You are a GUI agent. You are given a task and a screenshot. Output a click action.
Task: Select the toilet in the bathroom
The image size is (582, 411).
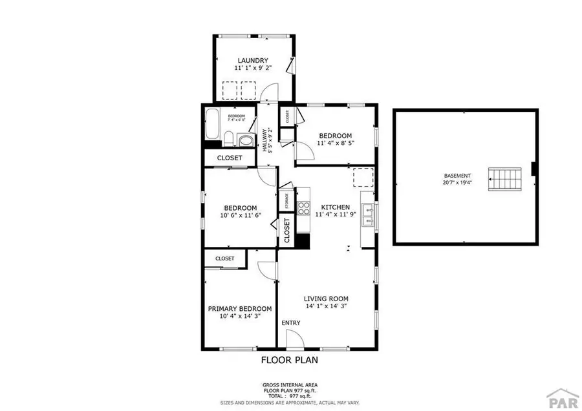tap(230, 137)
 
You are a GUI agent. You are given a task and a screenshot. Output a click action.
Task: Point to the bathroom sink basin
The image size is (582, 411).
tap(245, 140)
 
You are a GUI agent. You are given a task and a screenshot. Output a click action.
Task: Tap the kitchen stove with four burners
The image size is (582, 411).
tap(303, 208)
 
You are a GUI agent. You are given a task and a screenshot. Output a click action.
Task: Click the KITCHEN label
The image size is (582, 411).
tap(335, 207)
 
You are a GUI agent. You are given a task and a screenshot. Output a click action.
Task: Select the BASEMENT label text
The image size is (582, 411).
tap(457, 176)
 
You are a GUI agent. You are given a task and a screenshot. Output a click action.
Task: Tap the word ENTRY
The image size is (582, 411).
tap(290, 322)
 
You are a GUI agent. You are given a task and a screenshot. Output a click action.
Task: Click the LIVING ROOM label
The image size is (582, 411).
tap(327, 299)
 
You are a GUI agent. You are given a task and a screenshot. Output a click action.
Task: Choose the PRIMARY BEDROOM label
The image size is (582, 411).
tap(239, 309)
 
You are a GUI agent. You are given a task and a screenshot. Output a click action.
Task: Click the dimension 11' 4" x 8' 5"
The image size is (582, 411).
tap(335, 143)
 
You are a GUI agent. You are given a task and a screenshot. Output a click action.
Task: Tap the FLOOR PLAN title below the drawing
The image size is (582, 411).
tap(289, 359)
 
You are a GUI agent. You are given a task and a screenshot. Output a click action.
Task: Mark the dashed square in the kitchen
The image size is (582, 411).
tap(363, 177)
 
